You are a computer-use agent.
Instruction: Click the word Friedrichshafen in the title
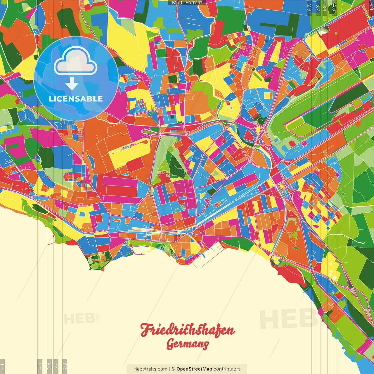188,330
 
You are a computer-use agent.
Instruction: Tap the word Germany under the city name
188,344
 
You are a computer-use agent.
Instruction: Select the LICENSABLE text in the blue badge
76,99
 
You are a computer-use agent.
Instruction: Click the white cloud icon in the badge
75,61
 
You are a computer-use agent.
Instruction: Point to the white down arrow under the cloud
72,84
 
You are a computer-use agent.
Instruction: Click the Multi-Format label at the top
187,3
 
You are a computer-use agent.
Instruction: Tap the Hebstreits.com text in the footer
150,369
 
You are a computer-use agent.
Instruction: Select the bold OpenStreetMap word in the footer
194,369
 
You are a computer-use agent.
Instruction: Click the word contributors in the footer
227,369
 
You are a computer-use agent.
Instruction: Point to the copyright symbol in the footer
173,369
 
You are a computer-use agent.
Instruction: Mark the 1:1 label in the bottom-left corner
2,366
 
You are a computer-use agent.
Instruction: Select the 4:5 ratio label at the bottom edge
40,366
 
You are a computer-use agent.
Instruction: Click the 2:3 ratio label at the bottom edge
65,366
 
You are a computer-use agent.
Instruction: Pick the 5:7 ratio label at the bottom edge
56,366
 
